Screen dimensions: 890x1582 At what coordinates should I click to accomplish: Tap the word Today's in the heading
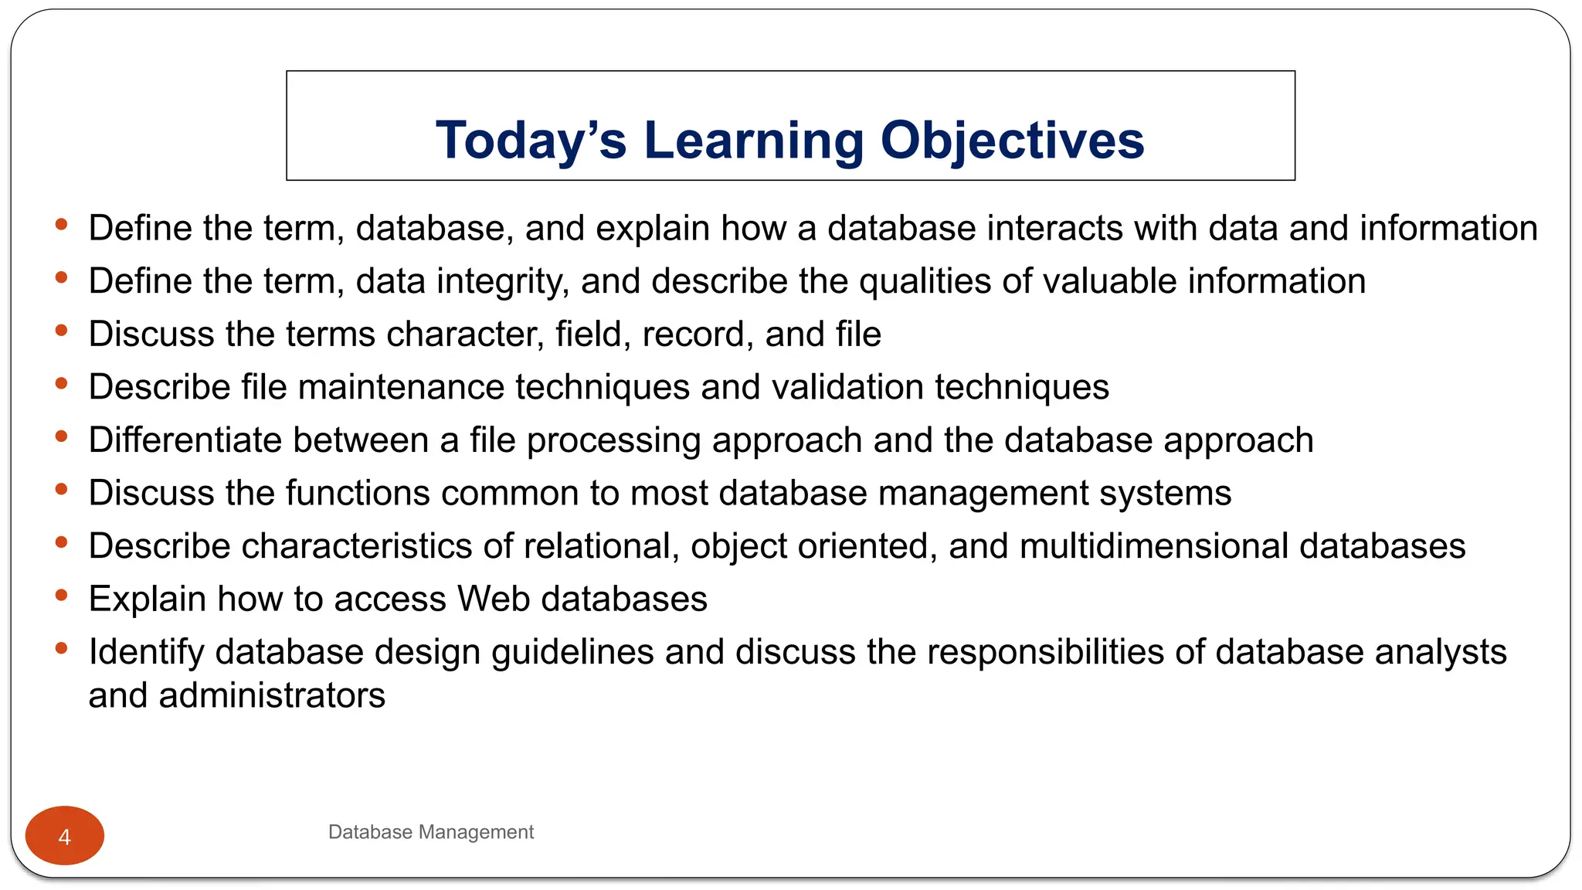pos(531,141)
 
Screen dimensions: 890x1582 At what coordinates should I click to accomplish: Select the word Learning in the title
pos(753,141)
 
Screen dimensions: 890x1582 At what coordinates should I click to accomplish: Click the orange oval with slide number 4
pos(65,836)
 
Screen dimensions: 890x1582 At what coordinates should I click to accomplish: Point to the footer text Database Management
pos(430,832)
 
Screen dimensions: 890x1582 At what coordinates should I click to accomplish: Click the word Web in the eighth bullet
pos(493,600)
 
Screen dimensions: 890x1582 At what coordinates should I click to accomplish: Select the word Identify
pos(146,652)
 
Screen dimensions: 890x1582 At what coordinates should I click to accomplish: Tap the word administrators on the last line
pos(272,695)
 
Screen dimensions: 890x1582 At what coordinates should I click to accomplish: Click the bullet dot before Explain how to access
pos(62,595)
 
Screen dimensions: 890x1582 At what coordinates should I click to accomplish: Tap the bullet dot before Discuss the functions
pos(62,489)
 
